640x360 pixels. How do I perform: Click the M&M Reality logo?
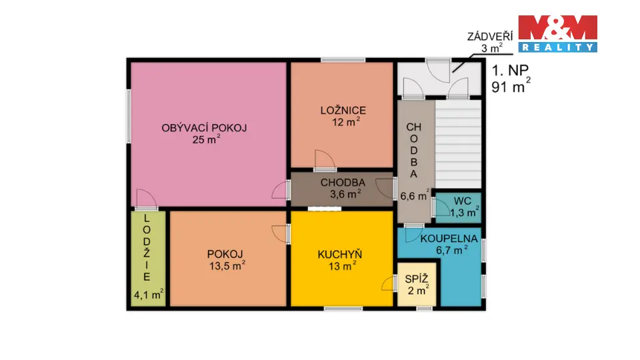[557, 33]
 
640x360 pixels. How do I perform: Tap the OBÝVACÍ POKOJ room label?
[204, 128]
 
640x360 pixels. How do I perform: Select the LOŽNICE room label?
[343, 110]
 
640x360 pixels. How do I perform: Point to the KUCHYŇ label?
[340, 254]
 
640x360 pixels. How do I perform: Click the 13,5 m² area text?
[227, 266]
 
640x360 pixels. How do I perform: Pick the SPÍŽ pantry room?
[417, 285]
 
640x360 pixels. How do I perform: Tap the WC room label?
[463, 201]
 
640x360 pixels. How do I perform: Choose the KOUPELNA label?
[449, 239]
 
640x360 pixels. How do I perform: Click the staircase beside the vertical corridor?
[459, 145]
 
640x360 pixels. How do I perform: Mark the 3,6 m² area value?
[345, 193]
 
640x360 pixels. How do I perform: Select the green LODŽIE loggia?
[148, 259]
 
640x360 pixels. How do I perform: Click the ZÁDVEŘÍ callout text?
[490, 36]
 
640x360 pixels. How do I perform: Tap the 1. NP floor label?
[510, 71]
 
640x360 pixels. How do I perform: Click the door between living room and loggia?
[146, 199]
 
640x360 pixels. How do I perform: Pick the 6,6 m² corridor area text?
[415, 195]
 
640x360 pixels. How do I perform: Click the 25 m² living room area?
[207, 139]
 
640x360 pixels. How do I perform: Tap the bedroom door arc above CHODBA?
[325, 160]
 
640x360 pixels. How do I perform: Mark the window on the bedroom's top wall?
[343, 61]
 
